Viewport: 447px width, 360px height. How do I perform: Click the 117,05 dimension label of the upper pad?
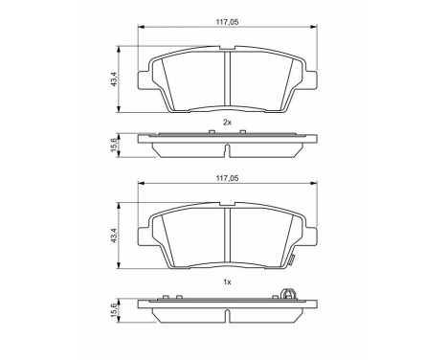[227, 17]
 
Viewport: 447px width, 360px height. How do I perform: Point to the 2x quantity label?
[227, 123]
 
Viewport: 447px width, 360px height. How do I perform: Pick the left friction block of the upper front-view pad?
[187, 79]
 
